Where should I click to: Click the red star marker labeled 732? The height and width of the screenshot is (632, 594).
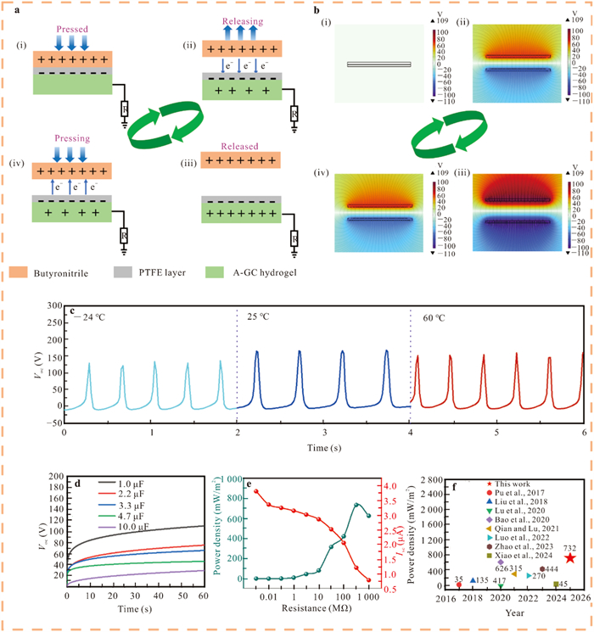pyautogui.click(x=569, y=557)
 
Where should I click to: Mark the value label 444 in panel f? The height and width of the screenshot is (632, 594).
pyautogui.click(x=552, y=569)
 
